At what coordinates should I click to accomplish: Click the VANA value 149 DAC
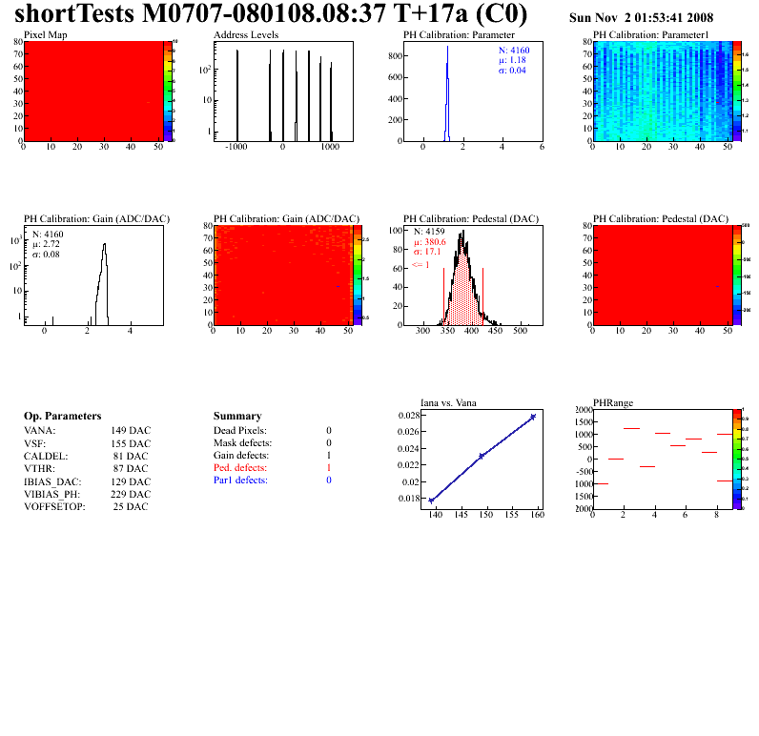coord(131,430)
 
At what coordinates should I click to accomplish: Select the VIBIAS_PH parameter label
coord(51,494)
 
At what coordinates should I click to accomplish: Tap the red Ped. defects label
coord(239,468)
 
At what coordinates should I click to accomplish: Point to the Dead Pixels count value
coord(328,431)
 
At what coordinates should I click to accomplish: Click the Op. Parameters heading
coord(62,417)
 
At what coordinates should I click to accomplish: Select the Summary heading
coord(237,417)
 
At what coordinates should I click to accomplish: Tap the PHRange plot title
coord(612,403)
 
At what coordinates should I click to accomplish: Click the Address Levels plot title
coord(246,35)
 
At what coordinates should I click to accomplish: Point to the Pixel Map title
coord(45,35)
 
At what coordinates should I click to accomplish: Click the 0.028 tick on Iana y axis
coord(407,416)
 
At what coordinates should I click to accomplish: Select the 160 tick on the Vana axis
coord(537,515)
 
